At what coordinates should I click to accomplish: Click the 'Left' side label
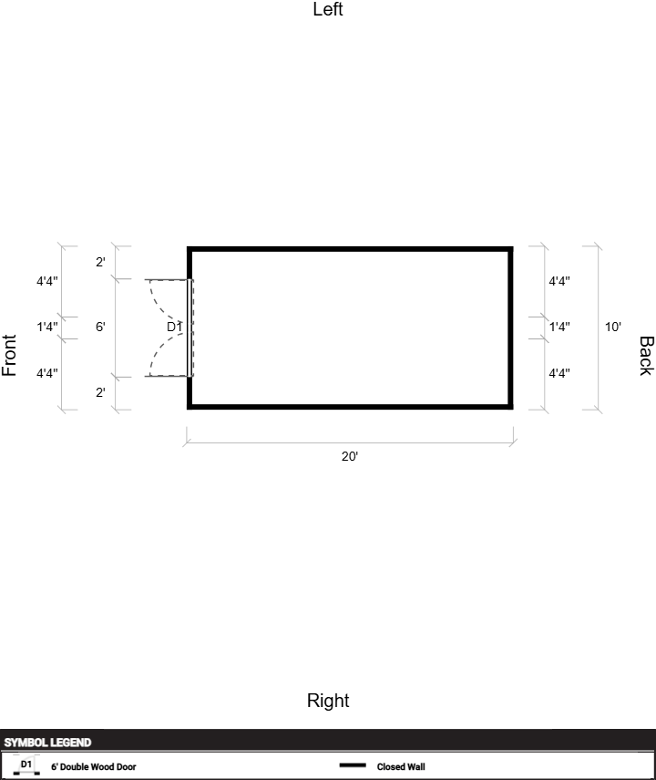click(328, 10)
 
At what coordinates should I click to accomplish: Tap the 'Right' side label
click(328, 701)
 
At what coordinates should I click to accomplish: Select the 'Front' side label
click(10, 355)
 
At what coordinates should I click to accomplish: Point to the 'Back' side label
click(645, 355)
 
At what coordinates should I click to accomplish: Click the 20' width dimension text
click(350, 456)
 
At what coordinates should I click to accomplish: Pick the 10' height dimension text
click(613, 327)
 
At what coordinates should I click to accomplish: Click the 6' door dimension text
click(100, 327)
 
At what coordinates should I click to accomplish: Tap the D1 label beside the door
click(174, 327)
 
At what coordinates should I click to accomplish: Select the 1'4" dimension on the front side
click(47, 327)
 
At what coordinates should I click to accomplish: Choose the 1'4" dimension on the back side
click(559, 327)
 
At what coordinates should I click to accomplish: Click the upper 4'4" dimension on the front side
click(47, 281)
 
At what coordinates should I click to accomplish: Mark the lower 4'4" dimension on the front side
click(47, 372)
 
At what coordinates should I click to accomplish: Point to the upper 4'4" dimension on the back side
click(559, 281)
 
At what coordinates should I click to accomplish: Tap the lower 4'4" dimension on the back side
click(559, 372)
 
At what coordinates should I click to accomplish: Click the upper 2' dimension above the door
click(100, 263)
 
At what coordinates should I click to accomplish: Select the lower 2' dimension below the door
click(100, 392)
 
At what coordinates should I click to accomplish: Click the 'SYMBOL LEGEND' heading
click(47, 743)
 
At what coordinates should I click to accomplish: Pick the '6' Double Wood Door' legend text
click(93, 767)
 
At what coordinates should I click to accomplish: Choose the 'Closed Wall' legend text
click(401, 767)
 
